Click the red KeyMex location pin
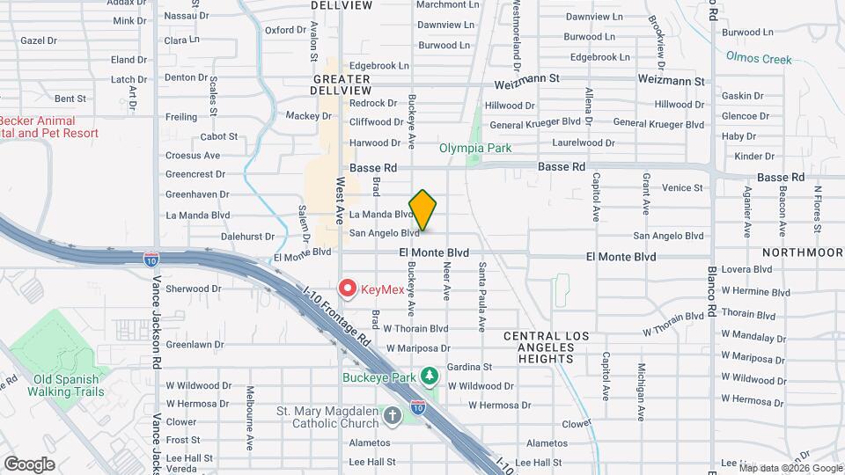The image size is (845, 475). click(348, 288)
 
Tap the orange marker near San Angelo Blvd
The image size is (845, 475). click(423, 210)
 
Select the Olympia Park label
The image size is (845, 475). click(475, 148)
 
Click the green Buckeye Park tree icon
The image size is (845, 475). click(430, 376)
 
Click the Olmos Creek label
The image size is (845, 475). click(759, 60)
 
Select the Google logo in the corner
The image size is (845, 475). click(28, 464)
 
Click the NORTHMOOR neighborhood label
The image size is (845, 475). click(797, 252)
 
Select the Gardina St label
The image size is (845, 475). click(469, 367)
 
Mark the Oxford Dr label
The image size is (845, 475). click(285, 30)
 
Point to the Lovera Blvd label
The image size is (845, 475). click(746, 269)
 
